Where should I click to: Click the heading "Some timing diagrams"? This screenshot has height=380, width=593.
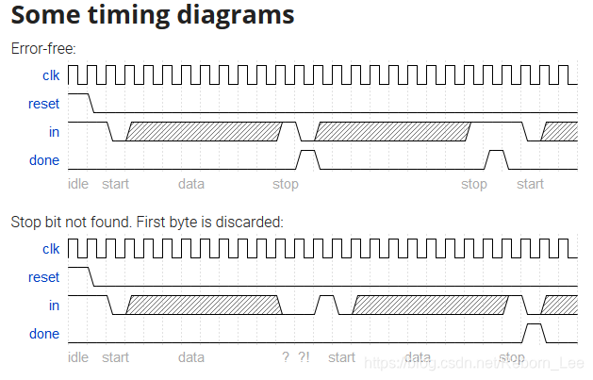click(152, 16)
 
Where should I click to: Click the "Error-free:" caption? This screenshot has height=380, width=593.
click(42, 48)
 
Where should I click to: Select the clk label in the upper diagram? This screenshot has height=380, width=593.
click(51, 74)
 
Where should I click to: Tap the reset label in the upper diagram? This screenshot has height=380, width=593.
click(44, 103)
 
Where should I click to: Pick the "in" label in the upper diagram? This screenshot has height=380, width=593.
click(54, 131)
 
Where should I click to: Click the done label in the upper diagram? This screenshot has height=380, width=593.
click(44, 159)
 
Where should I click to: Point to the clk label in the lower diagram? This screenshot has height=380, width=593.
click(51, 249)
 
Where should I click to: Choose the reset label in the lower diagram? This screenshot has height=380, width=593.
click(44, 277)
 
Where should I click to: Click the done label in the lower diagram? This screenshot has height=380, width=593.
click(44, 334)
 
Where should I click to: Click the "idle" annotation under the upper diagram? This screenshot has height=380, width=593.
click(78, 184)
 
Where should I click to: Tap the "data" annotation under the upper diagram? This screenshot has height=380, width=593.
click(191, 184)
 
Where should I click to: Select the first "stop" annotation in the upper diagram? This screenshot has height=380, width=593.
click(285, 184)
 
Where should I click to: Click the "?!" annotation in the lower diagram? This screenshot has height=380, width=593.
click(304, 357)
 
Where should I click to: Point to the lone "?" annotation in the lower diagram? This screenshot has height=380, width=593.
click(285, 357)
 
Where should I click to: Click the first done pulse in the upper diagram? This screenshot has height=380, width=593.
click(307, 157)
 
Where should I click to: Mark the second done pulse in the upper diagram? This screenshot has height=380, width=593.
click(496, 157)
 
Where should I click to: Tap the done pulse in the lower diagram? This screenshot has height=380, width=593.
click(534, 331)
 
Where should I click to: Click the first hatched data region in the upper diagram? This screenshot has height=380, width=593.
click(204, 132)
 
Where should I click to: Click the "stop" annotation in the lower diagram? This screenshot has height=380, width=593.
click(512, 357)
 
